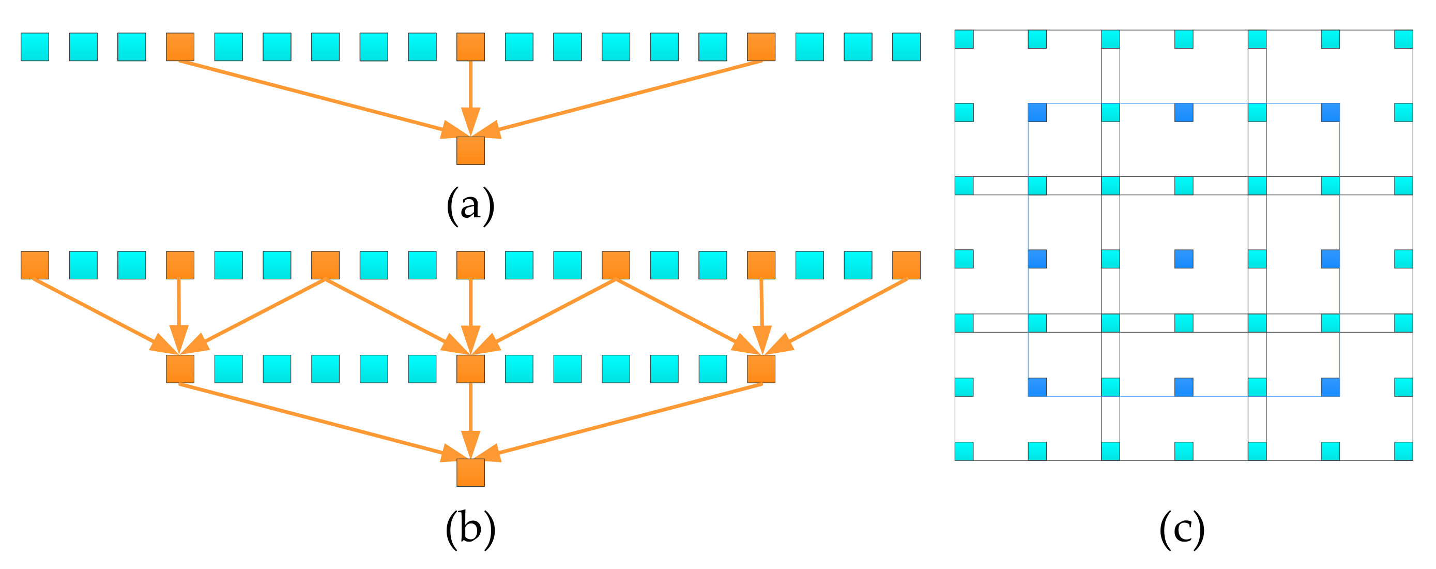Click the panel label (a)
click(470, 205)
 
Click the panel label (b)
click(470, 528)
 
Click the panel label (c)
click(1181, 528)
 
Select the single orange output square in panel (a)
click(470, 151)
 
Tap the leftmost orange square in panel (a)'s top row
click(180, 47)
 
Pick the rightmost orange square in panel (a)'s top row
click(760, 47)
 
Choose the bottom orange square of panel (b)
click(470, 472)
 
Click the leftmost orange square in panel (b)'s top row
click(35, 265)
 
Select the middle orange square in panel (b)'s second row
click(470, 369)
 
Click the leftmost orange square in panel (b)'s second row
click(180, 369)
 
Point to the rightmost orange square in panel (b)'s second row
click(760, 369)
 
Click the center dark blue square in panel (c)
click(1183, 259)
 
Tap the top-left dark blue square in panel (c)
click(1037, 112)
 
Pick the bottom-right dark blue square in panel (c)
click(1330, 387)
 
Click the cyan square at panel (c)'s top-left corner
click(964, 39)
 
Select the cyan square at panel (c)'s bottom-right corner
click(1403, 451)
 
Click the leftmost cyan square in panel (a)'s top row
click(35, 47)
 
